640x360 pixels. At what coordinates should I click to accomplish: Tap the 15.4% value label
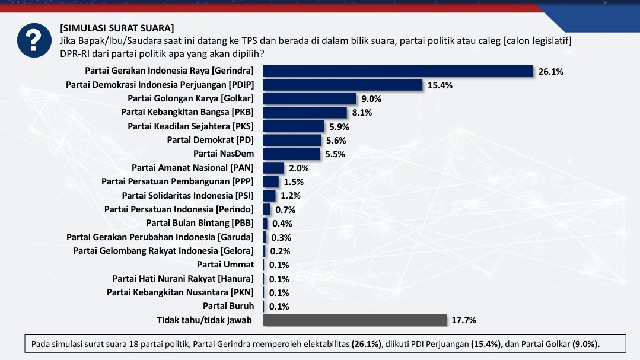pyautogui.click(x=440, y=86)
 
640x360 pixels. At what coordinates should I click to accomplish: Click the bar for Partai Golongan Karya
pyautogui.click(x=309, y=99)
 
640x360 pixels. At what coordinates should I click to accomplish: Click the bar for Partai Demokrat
pyautogui.click(x=292, y=141)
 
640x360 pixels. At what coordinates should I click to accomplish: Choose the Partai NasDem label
pyautogui.click(x=225, y=154)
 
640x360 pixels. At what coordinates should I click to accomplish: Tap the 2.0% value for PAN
pyautogui.click(x=298, y=168)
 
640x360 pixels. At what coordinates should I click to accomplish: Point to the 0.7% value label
pyautogui.click(x=285, y=209)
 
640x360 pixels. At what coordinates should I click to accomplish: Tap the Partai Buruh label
pyautogui.click(x=229, y=305)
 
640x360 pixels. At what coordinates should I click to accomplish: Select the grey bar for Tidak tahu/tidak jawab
pyautogui.click(x=354, y=319)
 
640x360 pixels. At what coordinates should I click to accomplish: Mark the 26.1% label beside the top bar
pyautogui.click(x=551, y=72)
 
